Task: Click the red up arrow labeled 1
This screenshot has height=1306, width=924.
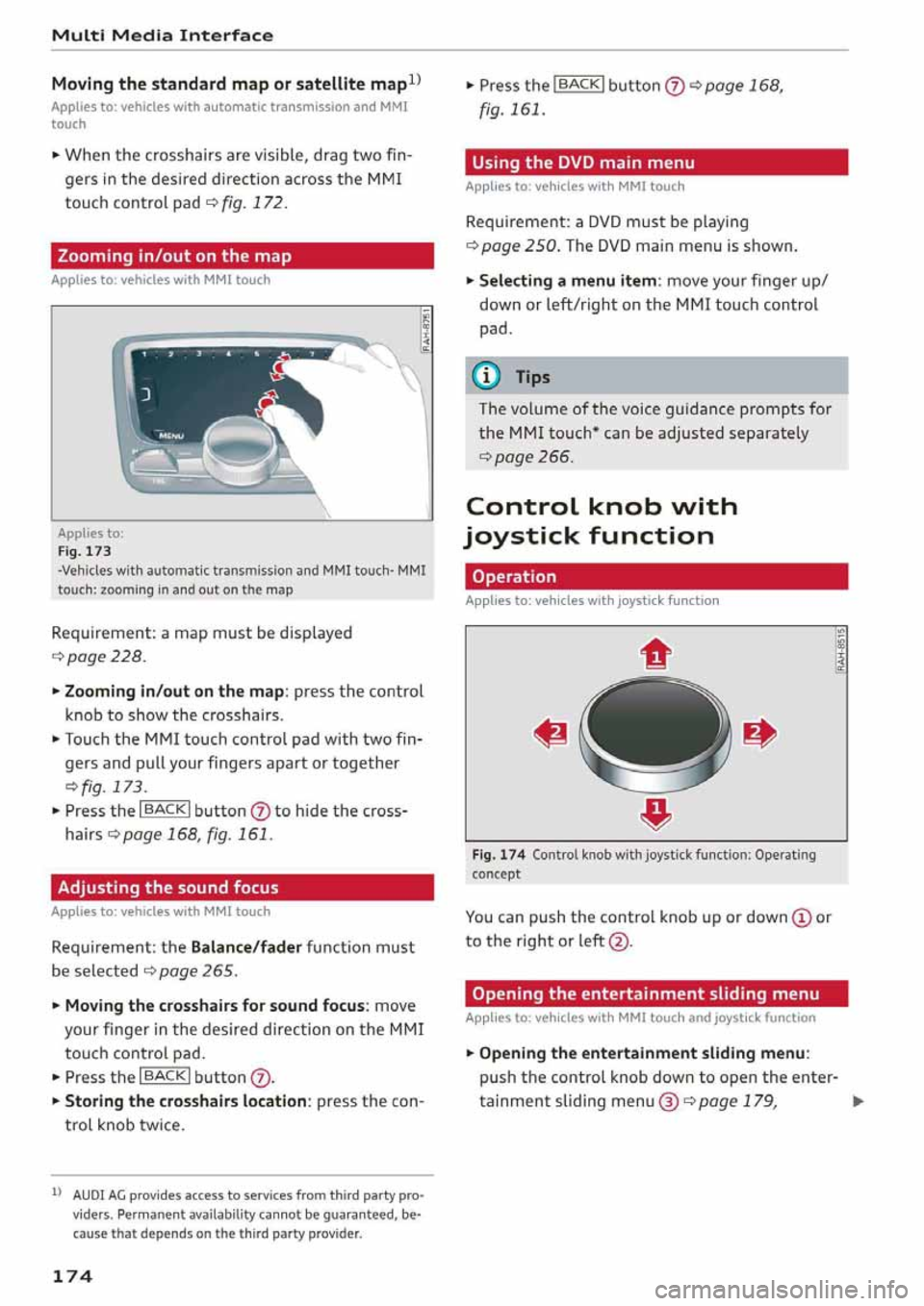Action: coord(655,655)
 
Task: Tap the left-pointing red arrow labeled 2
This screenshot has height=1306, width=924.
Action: coord(552,734)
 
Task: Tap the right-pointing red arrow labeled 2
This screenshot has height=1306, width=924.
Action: coord(758,734)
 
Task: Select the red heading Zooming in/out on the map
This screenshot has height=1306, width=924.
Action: coord(242,256)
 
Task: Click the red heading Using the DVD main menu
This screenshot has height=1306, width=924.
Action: coord(655,163)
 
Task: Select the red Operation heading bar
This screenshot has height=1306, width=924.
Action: coord(655,577)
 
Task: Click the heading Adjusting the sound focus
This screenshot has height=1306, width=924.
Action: coord(242,888)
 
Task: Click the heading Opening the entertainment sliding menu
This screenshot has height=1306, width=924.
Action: coord(655,993)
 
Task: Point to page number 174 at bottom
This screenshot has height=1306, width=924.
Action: coord(72,1276)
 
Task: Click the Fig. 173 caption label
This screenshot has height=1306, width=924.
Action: coord(85,551)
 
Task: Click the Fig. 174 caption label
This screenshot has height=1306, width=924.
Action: coord(499,854)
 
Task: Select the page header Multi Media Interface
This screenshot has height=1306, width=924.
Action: coord(163,36)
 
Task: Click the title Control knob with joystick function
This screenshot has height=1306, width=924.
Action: coord(603,520)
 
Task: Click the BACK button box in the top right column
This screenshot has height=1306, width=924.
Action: coord(578,85)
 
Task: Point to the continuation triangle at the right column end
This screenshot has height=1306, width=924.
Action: coord(858,1102)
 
